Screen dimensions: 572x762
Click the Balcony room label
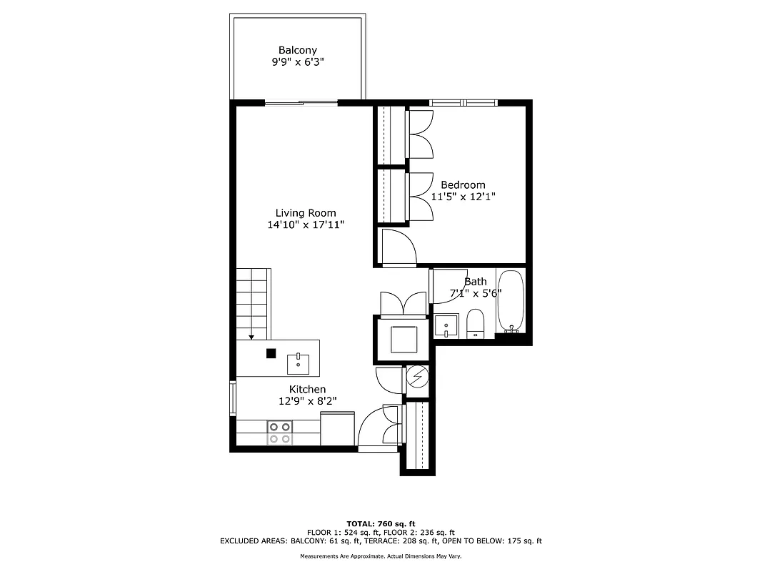pos(298,50)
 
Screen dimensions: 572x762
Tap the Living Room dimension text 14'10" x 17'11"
pos(306,225)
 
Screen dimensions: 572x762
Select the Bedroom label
pos(463,184)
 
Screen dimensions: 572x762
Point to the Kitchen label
pos(307,389)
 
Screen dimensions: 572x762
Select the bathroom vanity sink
pos(446,325)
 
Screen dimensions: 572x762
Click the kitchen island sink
pos(298,363)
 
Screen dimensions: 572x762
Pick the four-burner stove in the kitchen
pos(279,432)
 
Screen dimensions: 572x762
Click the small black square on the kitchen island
pos(271,352)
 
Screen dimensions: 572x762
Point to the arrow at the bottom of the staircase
pos(251,336)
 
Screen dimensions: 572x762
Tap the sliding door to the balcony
pos(301,103)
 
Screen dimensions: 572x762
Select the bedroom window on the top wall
pos(463,103)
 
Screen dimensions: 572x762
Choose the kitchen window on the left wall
pos(233,398)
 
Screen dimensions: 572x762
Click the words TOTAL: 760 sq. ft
pos(381,523)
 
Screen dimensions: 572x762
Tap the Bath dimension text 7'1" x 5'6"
pos(476,293)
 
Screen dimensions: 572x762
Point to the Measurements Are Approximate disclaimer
pos(381,556)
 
